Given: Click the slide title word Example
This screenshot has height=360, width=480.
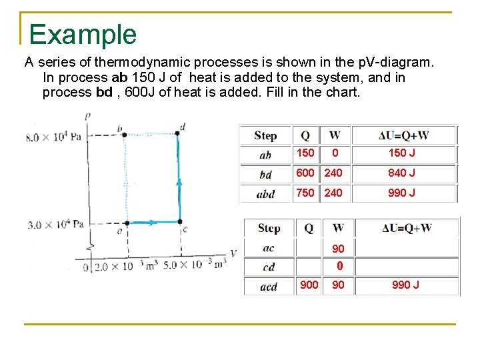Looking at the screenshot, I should (x=83, y=35).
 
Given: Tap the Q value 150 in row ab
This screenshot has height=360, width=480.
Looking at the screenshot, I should (x=305, y=153).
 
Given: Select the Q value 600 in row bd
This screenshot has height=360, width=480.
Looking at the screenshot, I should (x=305, y=173).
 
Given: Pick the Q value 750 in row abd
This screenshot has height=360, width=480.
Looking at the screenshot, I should (x=305, y=193).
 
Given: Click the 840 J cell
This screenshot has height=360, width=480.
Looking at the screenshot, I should (x=402, y=173).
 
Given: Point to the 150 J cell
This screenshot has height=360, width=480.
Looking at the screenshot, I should (x=402, y=153).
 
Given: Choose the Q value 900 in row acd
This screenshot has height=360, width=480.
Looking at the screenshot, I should (x=309, y=285).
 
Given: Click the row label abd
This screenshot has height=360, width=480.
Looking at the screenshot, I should (x=265, y=194).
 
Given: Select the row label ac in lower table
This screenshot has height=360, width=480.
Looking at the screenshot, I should (x=268, y=248).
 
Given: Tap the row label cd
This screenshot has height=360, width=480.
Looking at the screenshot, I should (x=268, y=267).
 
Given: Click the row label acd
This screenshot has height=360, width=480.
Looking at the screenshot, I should (x=268, y=286).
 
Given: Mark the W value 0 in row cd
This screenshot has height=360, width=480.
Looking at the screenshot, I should (x=339, y=267).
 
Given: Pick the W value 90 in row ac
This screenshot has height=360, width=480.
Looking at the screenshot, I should (x=339, y=249).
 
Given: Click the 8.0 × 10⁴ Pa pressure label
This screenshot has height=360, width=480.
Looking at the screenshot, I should (x=53, y=137).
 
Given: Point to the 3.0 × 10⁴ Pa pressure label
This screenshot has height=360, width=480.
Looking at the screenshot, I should (x=55, y=224).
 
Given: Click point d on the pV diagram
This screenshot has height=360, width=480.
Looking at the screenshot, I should (x=183, y=127).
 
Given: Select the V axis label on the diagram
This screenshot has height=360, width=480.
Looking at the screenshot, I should (x=233, y=253).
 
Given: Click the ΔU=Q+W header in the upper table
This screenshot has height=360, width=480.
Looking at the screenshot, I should (x=403, y=135).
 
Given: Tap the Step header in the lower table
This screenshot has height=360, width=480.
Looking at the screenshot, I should (x=269, y=228).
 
